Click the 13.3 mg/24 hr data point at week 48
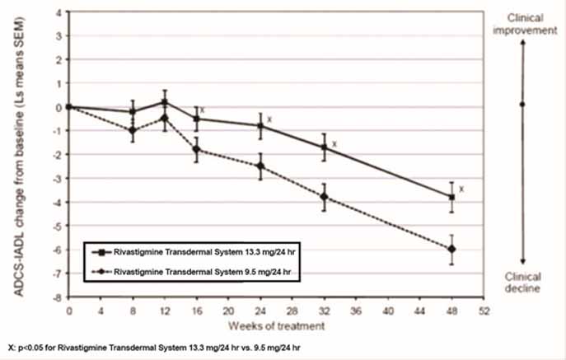pyautogui.click(x=451, y=197)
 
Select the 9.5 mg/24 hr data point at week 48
pyautogui.click(x=451, y=249)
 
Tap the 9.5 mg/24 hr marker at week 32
pyautogui.click(x=324, y=197)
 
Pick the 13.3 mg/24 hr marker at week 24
pyautogui.click(x=260, y=126)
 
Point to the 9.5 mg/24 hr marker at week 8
pyautogui.click(x=133, y=130)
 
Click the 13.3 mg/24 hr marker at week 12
pyautogui.click(x=165, y=102)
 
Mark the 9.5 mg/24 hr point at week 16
pyautogui.click(x=196, y=149)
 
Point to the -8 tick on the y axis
pyautogui.click(x=59, y=297)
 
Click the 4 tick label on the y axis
pyautogui.click(x=60, y=12)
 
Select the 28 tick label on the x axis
pyautogui.click(x=292, y=312)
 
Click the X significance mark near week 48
pyautogui.click(x=462, y=189)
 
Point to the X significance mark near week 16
pyautogui.click(x=202, y=110)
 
